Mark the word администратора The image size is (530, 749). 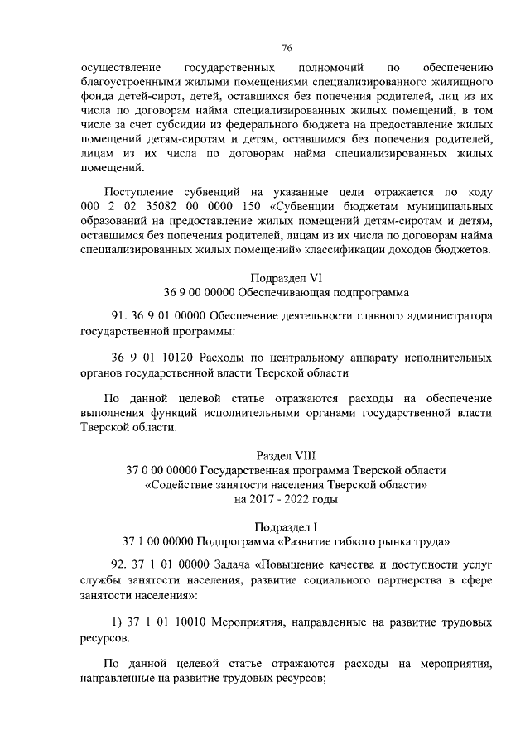[449, 316]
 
